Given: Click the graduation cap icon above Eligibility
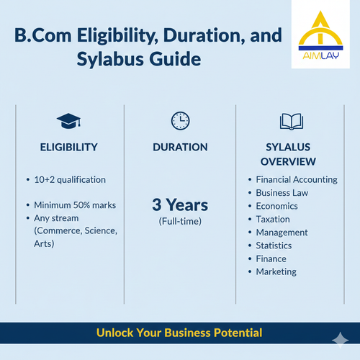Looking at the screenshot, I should pos(69,120).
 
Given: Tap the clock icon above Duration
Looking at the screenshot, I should pos(180,120).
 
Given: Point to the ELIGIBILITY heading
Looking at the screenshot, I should pos(69,147).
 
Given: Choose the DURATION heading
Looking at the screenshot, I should pos(180,147).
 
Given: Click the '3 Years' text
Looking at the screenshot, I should pos(180,204).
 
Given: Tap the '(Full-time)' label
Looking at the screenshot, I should pos(180,221).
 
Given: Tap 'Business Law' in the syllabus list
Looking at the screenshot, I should pos(283,193).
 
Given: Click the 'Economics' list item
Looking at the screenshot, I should pos(278,206).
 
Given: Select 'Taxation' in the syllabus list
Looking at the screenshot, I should pos(273,219).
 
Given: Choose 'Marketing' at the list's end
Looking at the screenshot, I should pos(276,271).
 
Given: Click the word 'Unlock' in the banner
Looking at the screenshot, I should pos(115,333).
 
